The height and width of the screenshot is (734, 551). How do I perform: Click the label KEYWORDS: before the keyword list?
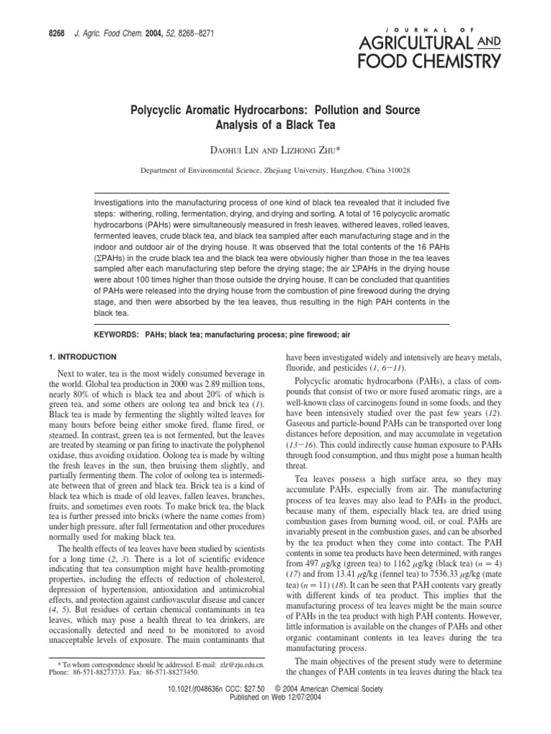pyautogui.click(x=117, y=335)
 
